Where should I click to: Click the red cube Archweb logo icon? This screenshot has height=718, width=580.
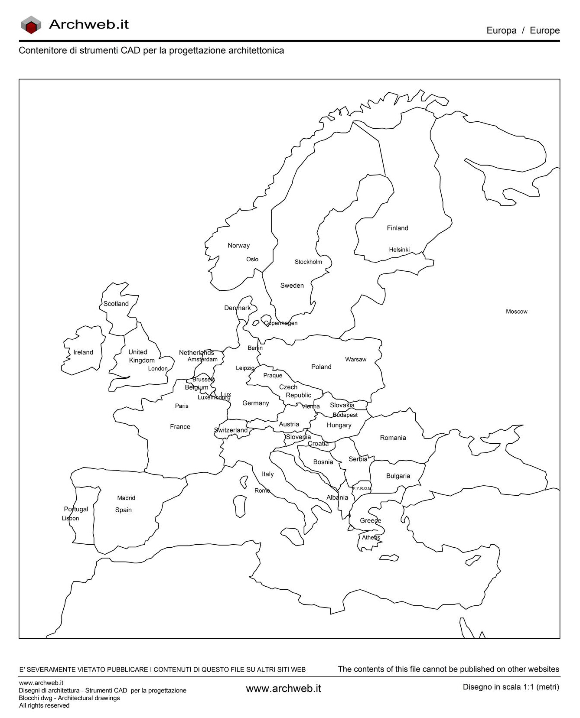pyautogui.click(x=31, y=25)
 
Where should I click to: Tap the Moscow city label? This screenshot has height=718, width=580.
pyautogui.click(x=516, y=312)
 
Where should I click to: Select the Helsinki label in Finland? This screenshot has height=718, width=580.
pyautogui.click(x=399, y=250)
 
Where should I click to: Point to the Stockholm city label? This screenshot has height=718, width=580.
pyautogui.click(x=308, y=262)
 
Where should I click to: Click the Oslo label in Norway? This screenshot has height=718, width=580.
pyautogui.click(x=252, y=259)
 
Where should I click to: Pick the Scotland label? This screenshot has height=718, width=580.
pyautogui.click(x=116, y=304)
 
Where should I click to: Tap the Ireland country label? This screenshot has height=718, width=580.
pyautogui.click(x=83, y=352)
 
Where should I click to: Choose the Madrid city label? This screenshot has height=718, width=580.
pyautogui.click(x=126, y=498)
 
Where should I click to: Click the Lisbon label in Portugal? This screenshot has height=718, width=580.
pyautogui.click(x=70, y=518)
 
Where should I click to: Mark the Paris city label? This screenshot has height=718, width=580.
pyautogui.click(x=182, y=406)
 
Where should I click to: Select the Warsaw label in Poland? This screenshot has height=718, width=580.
pyautogui.click(x=355, y=359)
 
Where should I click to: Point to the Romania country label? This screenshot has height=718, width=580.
pyautogui.click(x=393, y=438)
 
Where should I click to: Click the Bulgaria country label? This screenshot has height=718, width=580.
pyautogui.click(x=398, y=476)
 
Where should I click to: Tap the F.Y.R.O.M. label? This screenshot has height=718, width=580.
pyautogui.click(x=362, y=488)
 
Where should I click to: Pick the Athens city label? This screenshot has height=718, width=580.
pyautogui.click(x=371, y=537)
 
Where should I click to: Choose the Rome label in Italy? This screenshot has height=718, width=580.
pyautogui.click(x=262, y=491)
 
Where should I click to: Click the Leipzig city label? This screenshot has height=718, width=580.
pyautogui.click(x=245, y=368)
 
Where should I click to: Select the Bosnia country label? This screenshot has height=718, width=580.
pyautogui.click(x=323, y=462)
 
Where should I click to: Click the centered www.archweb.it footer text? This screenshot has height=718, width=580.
pyautogui.click(x=283, y=689)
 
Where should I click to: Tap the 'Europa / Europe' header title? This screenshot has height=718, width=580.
pyautogui.click(x=523, y=30)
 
